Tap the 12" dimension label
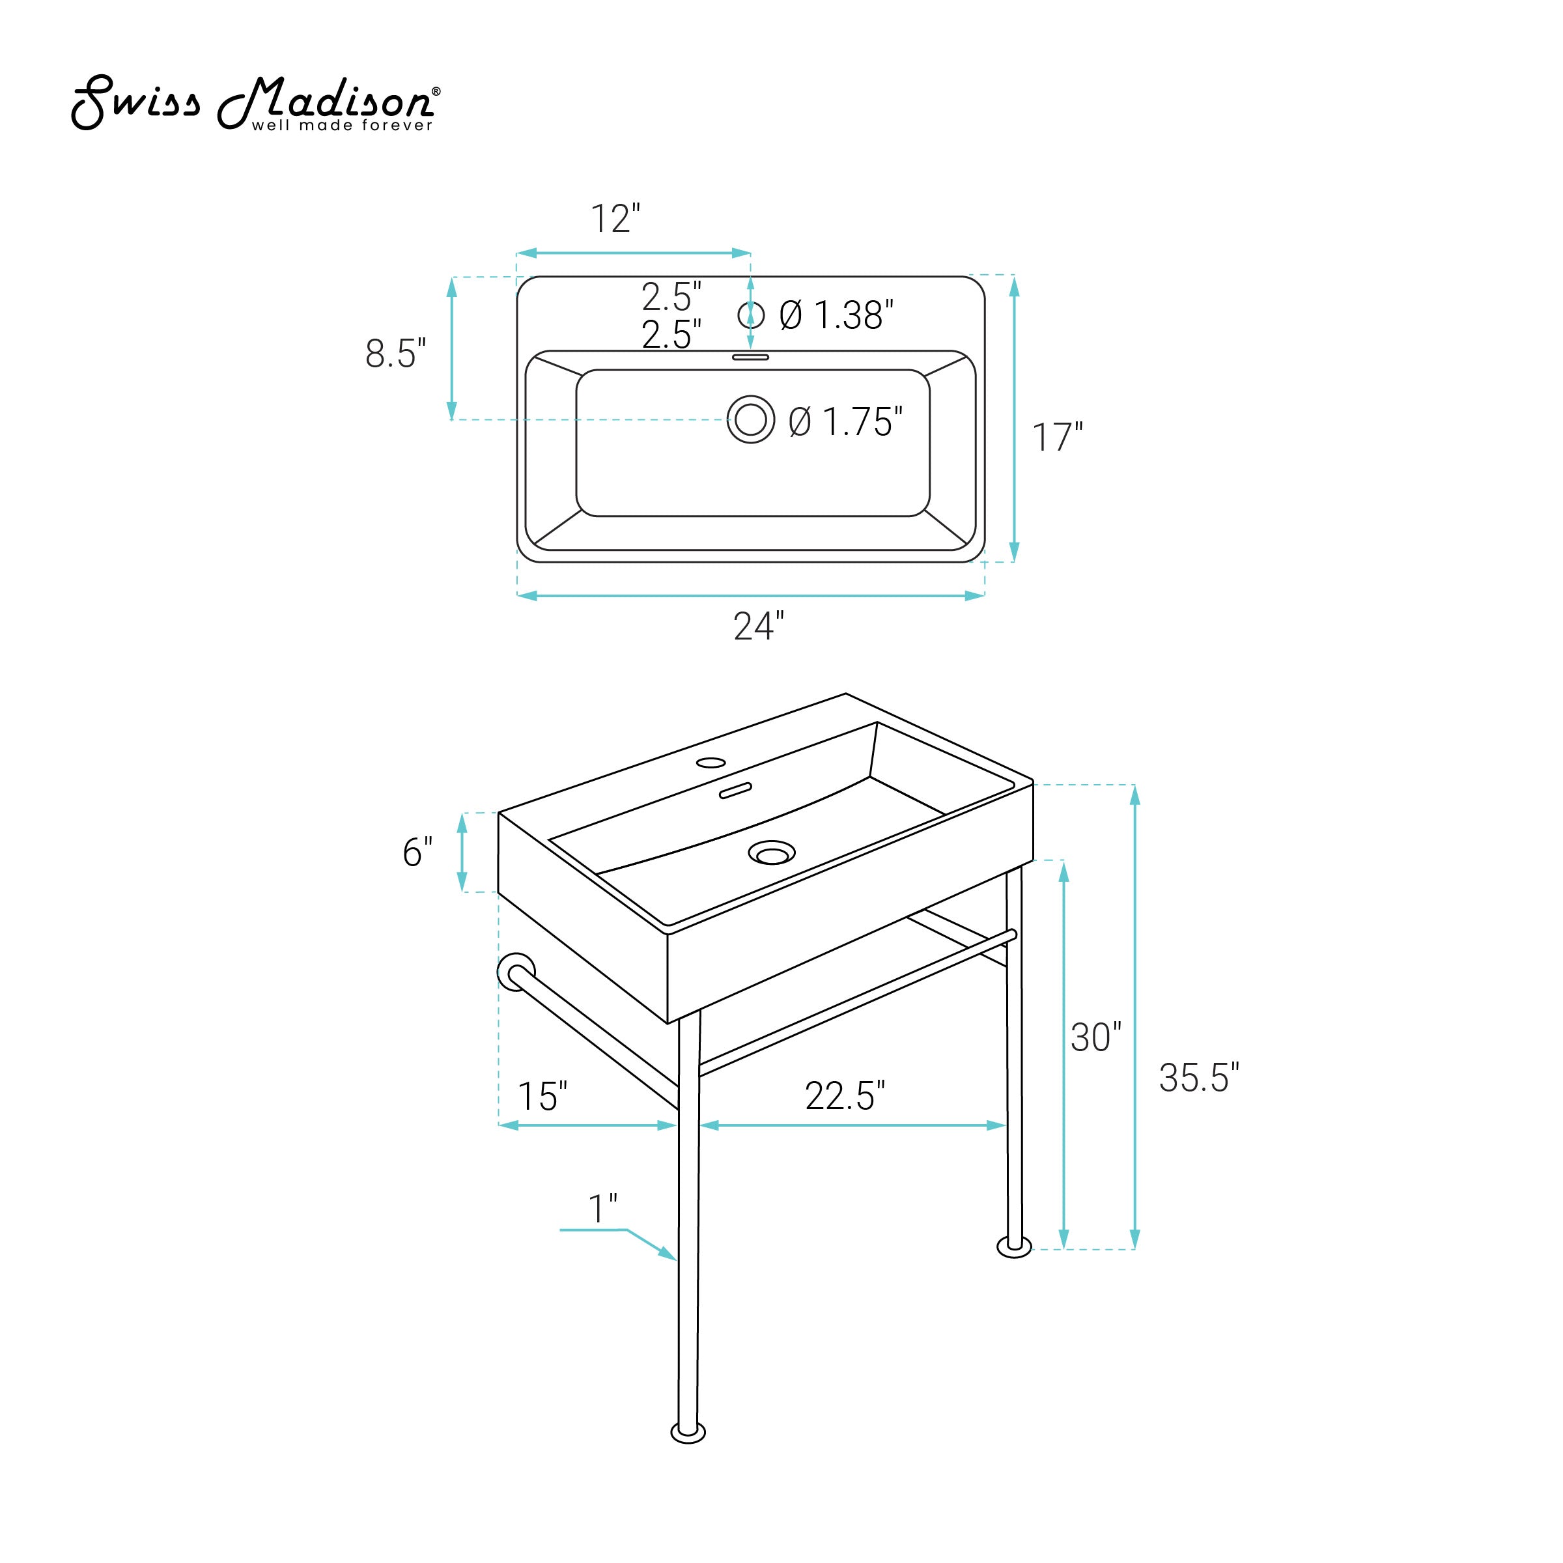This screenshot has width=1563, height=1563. (x=615, y=218)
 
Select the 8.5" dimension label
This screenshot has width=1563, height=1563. (x=395, y=354)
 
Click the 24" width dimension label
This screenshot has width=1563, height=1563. (x=759, y=625)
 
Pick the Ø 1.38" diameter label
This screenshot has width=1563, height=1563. (x=836, y=315)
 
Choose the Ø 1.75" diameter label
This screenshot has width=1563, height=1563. (x=845, y=421)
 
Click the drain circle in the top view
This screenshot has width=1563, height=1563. (x=751, y=419)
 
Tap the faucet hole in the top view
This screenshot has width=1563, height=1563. (x=751, y=315)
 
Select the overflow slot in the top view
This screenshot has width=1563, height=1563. (x=751, y=356)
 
